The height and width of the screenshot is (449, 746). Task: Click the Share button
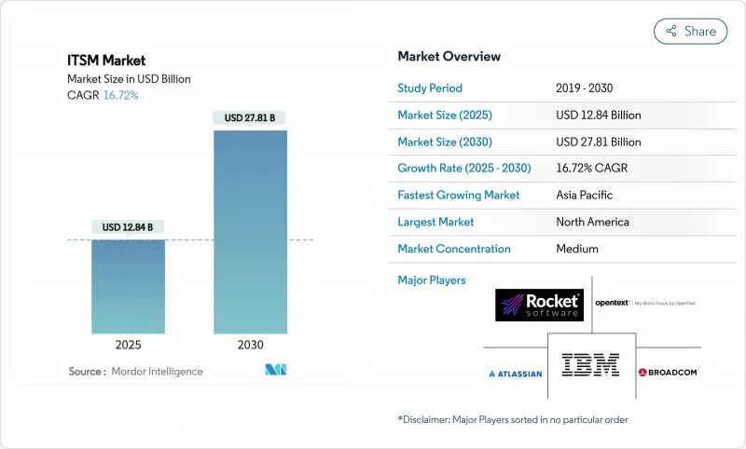click(690, 31)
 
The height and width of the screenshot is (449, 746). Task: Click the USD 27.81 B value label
click(250, 118)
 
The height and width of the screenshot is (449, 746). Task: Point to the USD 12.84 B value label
click(128, 227)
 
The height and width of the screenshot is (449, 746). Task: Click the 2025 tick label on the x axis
click(128, 345)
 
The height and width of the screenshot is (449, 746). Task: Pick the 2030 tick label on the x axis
click(250, 345)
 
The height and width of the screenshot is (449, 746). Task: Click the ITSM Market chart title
click(106, 61)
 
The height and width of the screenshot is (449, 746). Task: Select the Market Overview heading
click(449, 57)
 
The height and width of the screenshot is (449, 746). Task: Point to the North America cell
click(592, 222)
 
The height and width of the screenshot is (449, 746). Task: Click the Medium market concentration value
click(577, 249)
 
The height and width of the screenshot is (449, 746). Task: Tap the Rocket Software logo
click(540, 305)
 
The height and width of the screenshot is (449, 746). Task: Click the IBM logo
click(590, 364)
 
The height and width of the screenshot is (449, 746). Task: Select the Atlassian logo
click(516, 374)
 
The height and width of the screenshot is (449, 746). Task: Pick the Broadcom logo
click(669, 373)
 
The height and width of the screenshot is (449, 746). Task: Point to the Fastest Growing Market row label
click(458, 196)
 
